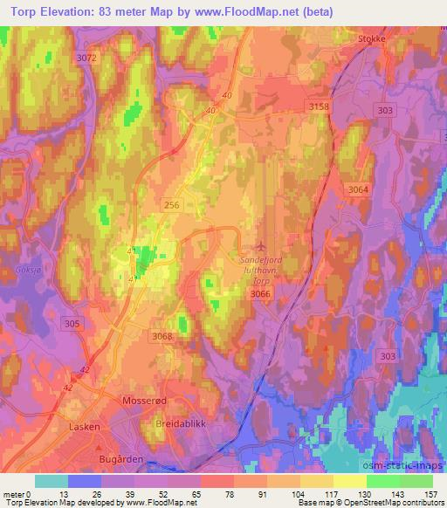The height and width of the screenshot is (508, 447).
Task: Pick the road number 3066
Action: tap(260, 295)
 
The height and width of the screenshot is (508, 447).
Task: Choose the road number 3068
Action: tap(162, 336)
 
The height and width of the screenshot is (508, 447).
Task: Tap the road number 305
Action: tap(73, 324)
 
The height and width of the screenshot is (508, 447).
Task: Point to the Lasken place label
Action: tap(84, 428)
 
